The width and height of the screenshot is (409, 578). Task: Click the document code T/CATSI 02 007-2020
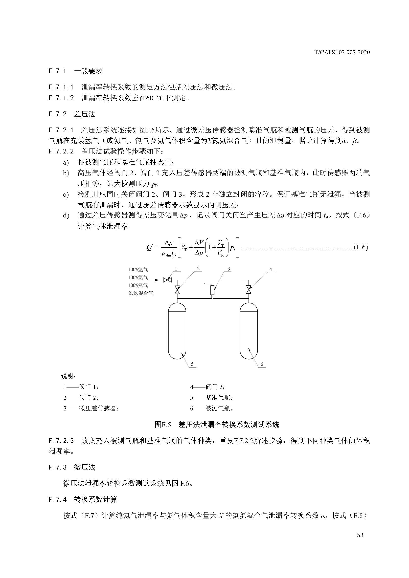pyautogui.click(x=342, y=52)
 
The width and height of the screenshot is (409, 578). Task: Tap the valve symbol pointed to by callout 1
pyautogui.click(x=167, y=280)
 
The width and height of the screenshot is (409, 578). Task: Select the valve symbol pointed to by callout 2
pyautogui.click(x=177, y=290)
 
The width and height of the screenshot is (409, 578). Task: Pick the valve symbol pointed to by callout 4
pyautogui.click(x=249, y=290)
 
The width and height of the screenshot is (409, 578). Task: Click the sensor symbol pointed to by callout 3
pyautogui.click(x=212, y=290)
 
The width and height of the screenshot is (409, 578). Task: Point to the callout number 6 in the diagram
pyautogui.click(x=262, y=364)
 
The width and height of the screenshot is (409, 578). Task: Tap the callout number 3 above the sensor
pyautogui.click(x=229, y=269)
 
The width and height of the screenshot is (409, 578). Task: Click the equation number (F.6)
pyautogui.click(x=361, y=247)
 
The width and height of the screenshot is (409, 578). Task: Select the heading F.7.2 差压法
pyautogui.click(x=72, y=114)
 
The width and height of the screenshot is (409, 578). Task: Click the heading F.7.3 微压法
pyautogui.click(x=72, y=468)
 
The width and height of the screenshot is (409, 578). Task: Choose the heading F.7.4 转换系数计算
pyautogui.click(x=83, y=499)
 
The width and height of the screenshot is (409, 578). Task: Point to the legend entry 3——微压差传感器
pyautogui.click(x=91, y=408)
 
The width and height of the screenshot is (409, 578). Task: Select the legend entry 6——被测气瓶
pyautogui.click(x=212, y=408)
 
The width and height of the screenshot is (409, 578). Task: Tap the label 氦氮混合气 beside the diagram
pyautogui.click(x=140, y=293)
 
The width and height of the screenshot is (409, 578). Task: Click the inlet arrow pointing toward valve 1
pyautogui.click(x=157, y=280)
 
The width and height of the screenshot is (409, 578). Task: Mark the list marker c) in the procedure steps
pyautogui.click(x=66, y=194)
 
